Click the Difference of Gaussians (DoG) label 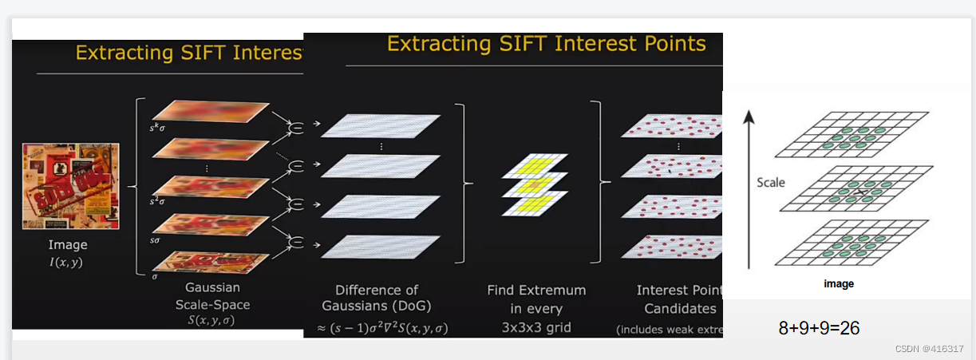[x=376, y=298]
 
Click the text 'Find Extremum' [x=536, y=290]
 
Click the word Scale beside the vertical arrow [x=770, y=183]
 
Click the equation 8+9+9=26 [x=819, y=327]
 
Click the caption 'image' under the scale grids [x=839, y=284]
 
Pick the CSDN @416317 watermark [x=929, y=349]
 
